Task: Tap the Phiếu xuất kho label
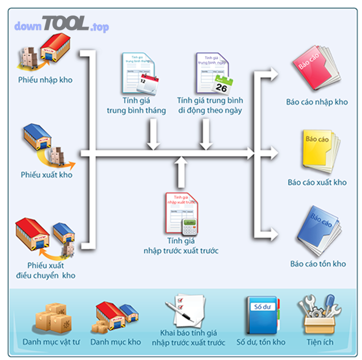pyautogui.click(x=47, y=175)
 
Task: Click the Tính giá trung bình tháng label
pyautogui.click(x=136, y=106)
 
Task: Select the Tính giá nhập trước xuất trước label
pyautogui.click(x=181, y=246)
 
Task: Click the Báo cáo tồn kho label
pyautogui.click(x=318, y=264)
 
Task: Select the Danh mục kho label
pyautogui.click(x=115, y=342)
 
